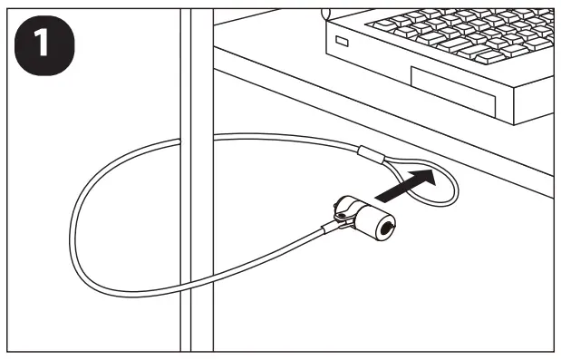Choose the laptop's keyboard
[453, 32]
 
